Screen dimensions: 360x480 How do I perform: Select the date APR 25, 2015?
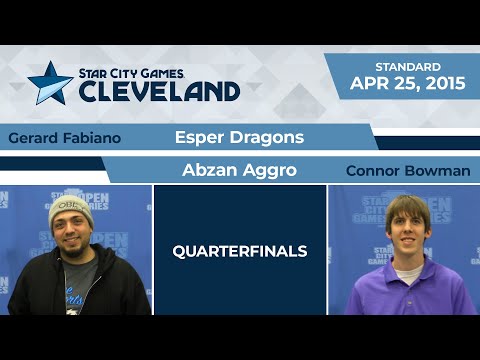(x=408, y=83)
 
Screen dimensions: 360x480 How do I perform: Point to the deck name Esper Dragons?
(x=239, y=137)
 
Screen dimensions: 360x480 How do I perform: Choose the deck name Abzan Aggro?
(x=239, y=170)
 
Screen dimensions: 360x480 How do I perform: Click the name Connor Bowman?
(x=407, y=171)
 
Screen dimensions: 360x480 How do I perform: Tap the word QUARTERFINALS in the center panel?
(x=239, y=252)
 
